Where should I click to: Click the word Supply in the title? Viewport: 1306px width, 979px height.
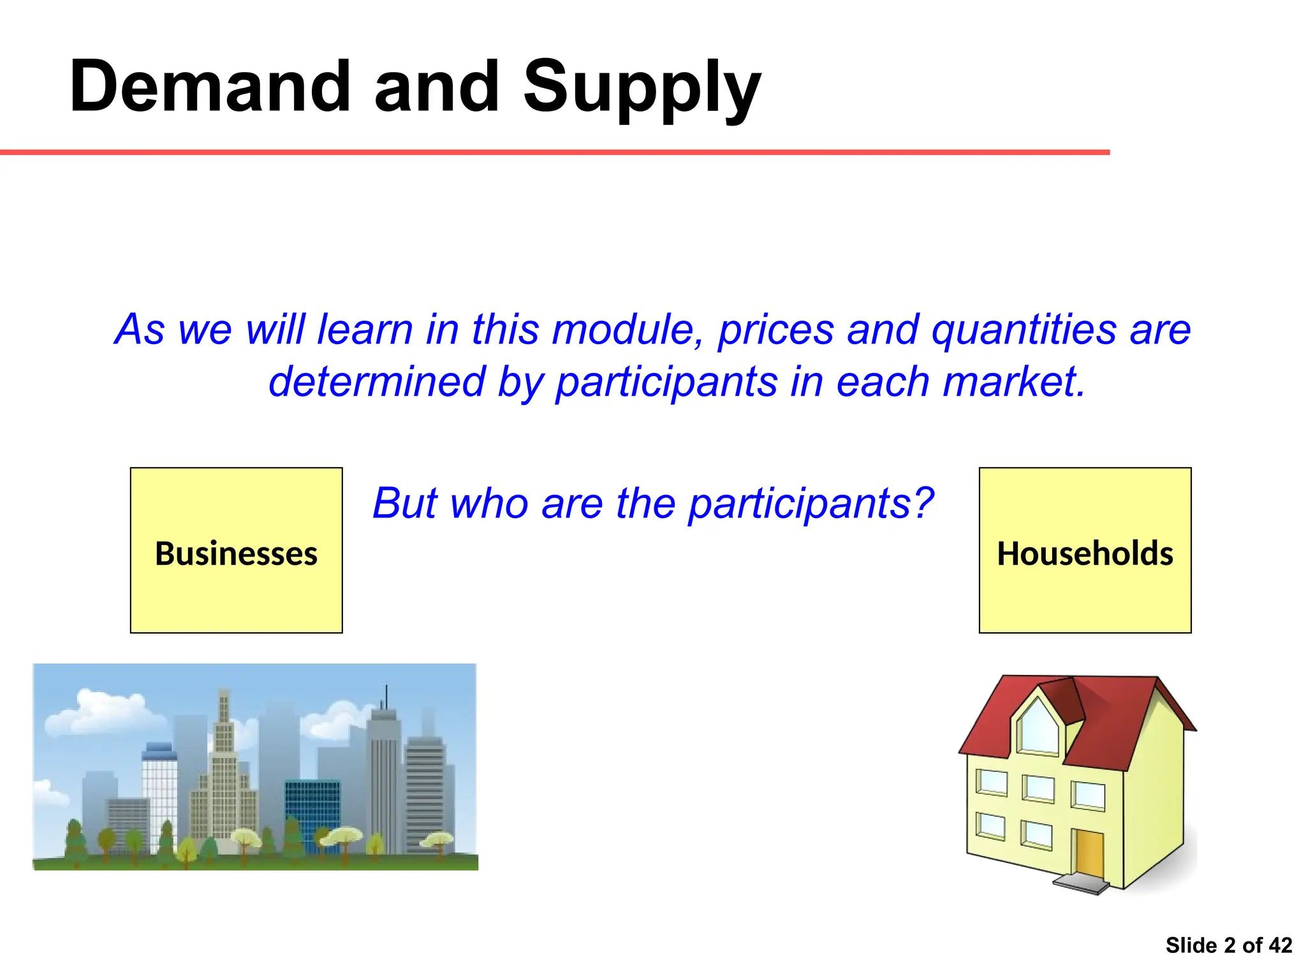(642, 89)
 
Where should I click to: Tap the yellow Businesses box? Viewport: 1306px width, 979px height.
(236, 550)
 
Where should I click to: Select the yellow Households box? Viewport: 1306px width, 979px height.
(1085, 550)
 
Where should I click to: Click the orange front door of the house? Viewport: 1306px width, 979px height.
(1089, 853)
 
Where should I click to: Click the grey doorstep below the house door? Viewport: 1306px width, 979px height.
(1080, 884)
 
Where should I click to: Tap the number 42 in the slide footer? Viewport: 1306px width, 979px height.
(1280, 945)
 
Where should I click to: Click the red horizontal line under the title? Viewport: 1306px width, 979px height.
(555, 152)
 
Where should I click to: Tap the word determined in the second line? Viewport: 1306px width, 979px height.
(377, 382)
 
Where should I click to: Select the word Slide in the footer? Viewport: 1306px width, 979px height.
(1191, 945)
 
